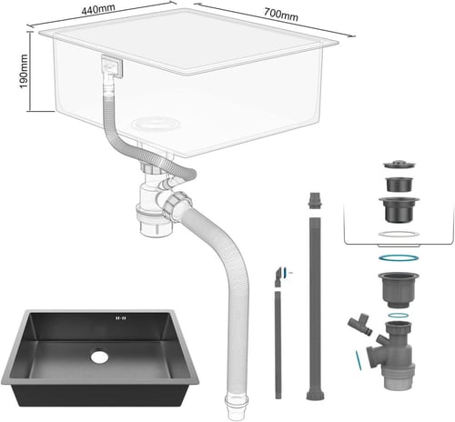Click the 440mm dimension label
pos(98,9)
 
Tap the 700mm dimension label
pos(280,15)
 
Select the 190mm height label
pos(24,72)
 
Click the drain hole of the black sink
pos(99,357)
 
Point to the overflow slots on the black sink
pos(121,318)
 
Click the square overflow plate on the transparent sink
pos(112,66)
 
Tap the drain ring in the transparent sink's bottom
pos(156,124)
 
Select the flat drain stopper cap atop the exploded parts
pos(399,165)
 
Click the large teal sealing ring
pos(399,258)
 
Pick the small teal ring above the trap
pos(399,316)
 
